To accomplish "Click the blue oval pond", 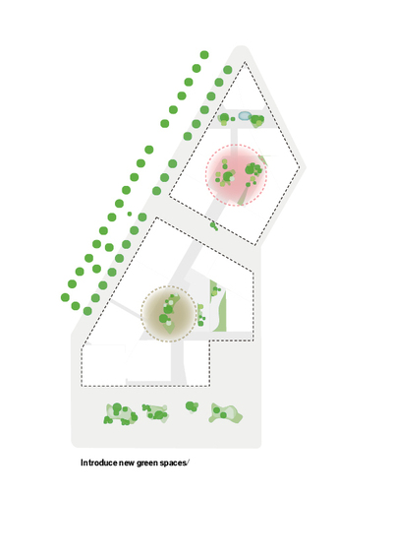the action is coord(245,115).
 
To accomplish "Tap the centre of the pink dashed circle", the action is coord(236,175).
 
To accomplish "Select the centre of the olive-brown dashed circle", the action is coord(169,314).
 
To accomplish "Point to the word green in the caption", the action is coord(147,463).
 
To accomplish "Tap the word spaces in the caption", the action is coord(173,463).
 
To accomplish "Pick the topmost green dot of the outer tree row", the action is coord(204,55).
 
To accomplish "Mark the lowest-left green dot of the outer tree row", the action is coord(65,297).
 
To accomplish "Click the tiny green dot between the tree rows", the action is coord(130,214).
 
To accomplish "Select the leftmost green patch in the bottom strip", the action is coord(121,414).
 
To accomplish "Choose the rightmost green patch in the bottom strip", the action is coord(226,413).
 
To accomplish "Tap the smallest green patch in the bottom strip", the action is coord(192,406).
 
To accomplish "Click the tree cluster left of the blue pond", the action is coord(224,119).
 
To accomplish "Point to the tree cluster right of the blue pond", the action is coord(257,121).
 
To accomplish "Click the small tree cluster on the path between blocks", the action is coord(214,226).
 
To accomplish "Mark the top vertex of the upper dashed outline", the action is coord(245,62).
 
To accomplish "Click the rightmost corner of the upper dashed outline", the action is coord(299,167).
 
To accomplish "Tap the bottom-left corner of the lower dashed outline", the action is coord(82,386).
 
